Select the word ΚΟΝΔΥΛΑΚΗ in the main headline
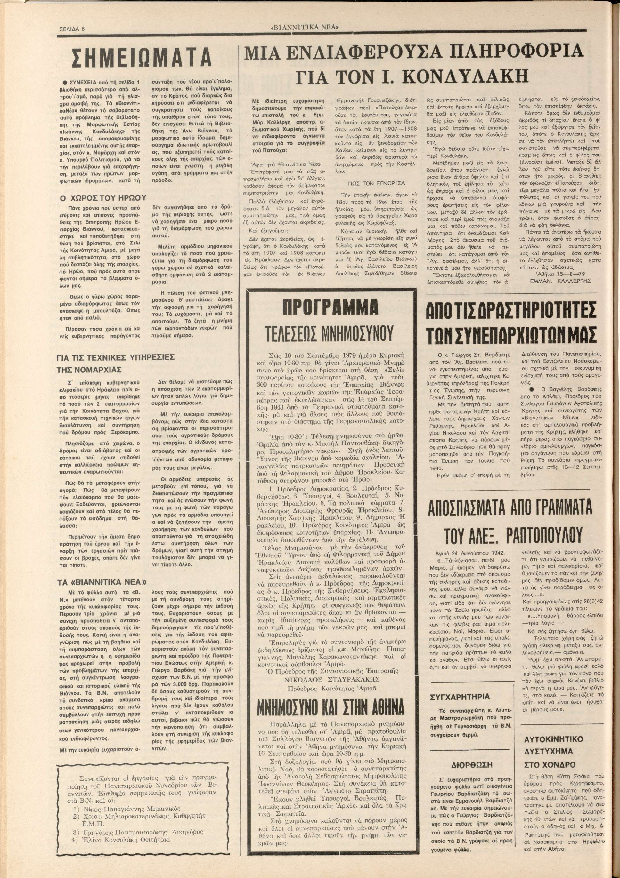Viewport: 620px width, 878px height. (x=466, y=77)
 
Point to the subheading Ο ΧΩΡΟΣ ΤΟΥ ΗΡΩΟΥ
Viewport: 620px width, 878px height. (x=103, y=198)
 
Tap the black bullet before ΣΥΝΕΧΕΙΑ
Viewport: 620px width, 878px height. (x=66, y=82)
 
